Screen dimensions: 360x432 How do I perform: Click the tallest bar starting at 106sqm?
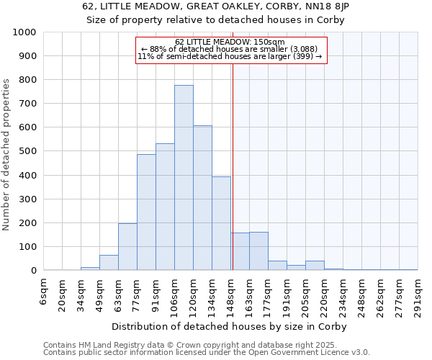(184, 178)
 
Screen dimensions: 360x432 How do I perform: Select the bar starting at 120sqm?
(202, 198)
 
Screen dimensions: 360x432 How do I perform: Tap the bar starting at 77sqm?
(146, 212)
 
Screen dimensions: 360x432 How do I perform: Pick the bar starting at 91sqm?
(165, 207)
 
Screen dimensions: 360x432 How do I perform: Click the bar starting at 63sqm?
(127, 247)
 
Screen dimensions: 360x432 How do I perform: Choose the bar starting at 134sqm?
(221, 223)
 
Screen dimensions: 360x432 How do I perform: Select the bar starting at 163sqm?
(258, 251)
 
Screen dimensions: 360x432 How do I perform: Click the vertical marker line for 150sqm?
(233, 166)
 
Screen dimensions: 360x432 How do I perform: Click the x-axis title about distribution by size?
(230, 326)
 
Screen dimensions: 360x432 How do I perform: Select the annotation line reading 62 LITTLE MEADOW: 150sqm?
(230, 42)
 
